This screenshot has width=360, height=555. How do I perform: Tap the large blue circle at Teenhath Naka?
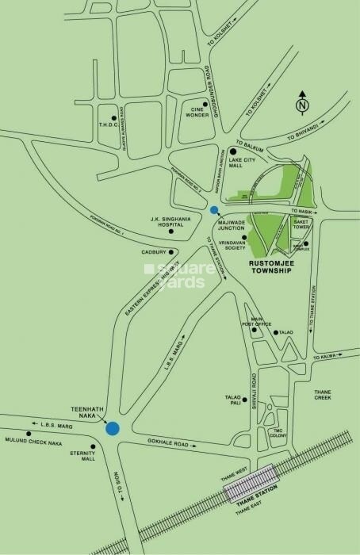coord(113,429)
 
